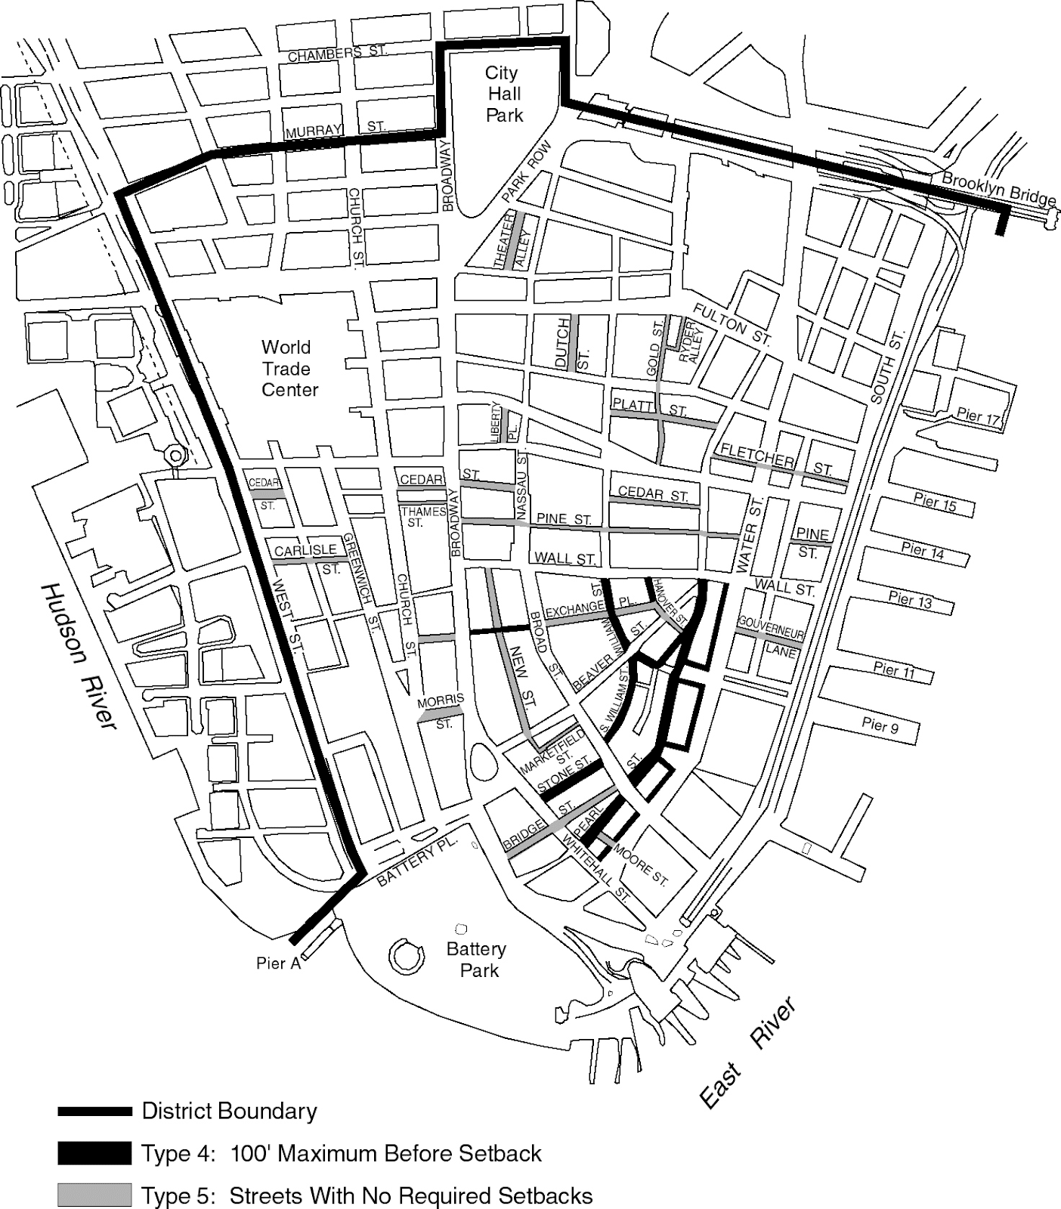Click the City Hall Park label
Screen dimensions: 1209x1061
coord(504,94)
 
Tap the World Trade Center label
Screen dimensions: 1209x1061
coord(289,369)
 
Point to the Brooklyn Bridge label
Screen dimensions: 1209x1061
coord(998,190)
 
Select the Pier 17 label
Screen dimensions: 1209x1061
coord(978,416)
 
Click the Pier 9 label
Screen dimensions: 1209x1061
coord(880,725)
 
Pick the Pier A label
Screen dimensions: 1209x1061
coord(278,963)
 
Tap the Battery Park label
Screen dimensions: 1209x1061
coord(476,960)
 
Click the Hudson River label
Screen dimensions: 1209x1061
coord(79,656)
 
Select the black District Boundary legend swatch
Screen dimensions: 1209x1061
coord(94,1111)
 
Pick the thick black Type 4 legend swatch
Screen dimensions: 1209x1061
coord(94,1154)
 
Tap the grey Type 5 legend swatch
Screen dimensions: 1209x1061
coord(94,1195)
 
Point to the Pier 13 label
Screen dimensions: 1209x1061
coord(910,600)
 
